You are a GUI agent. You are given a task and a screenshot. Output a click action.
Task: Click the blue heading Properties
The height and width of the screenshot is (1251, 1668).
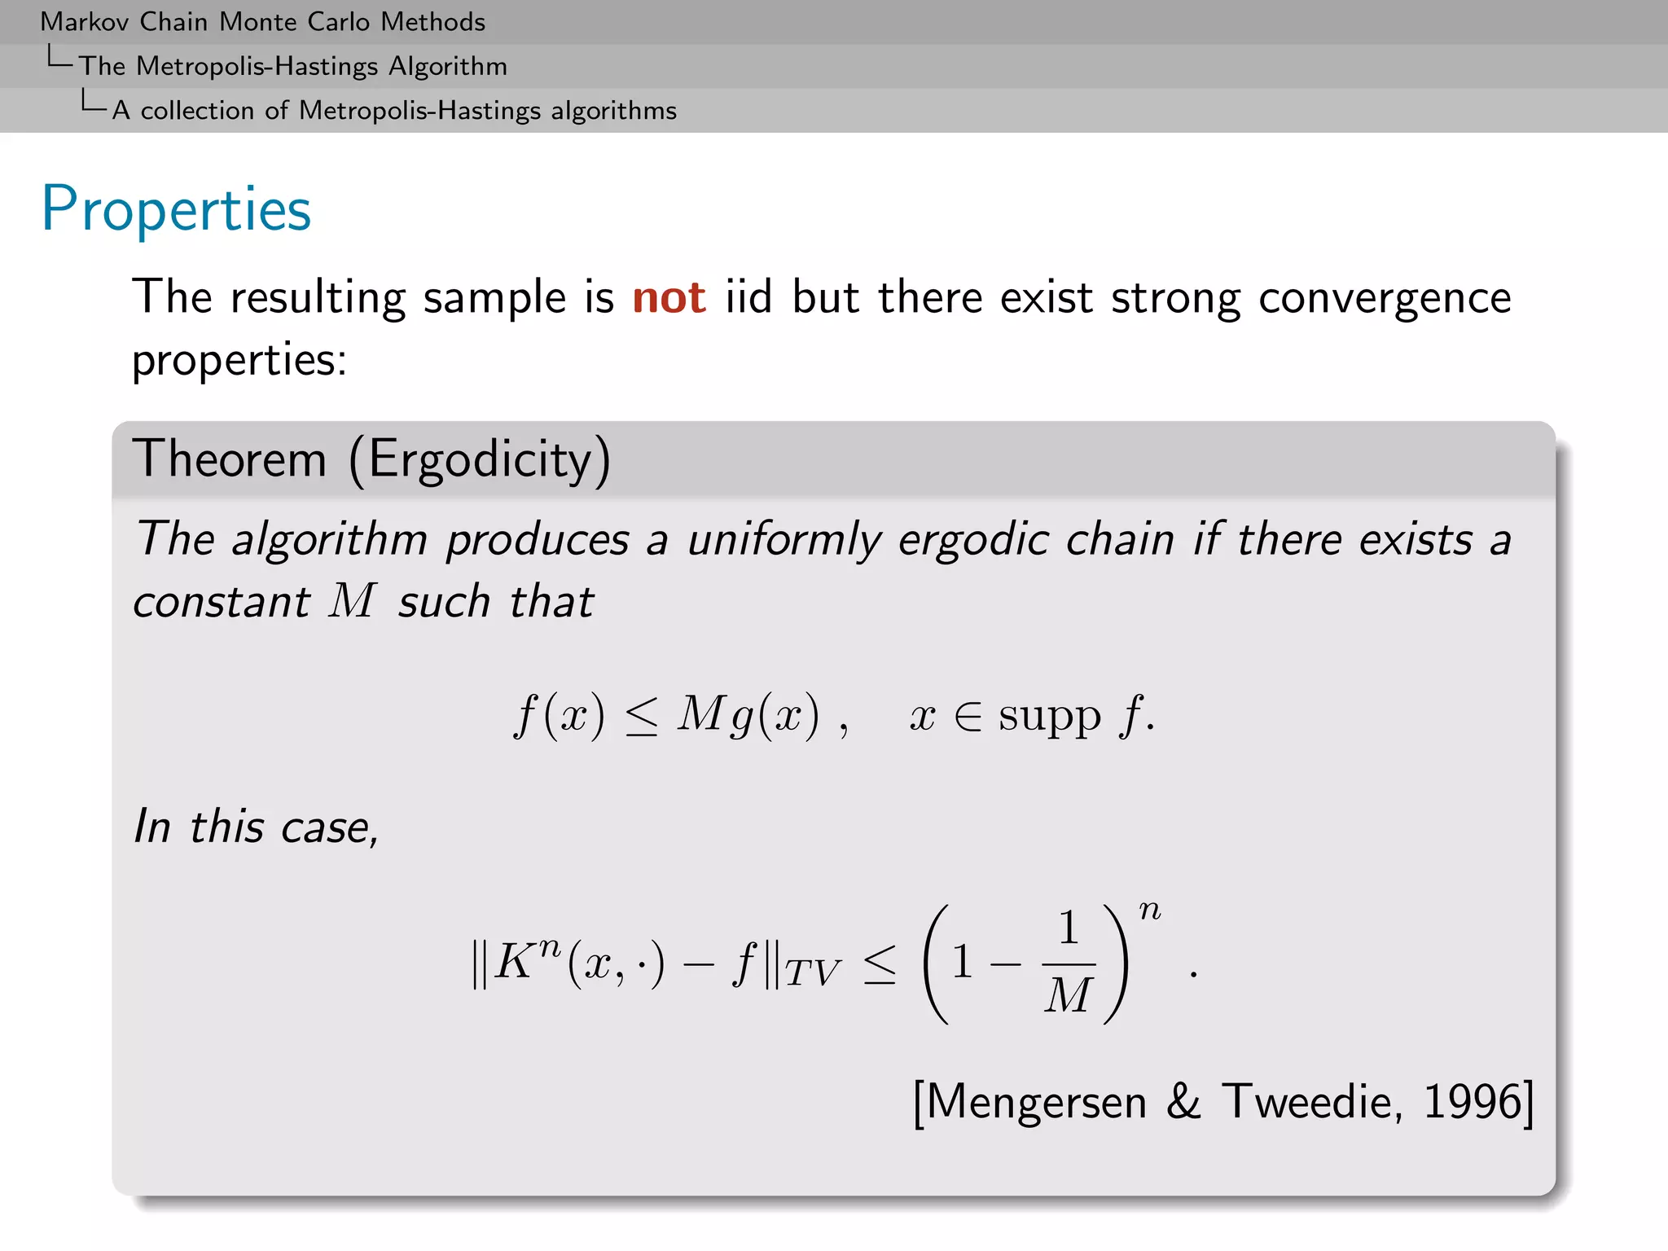click(176, 210)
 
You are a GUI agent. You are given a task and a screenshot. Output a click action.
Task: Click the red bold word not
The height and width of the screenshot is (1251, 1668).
click(669, 297)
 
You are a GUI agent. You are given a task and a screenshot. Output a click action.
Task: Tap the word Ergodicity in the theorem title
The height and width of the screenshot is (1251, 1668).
click(480, 459)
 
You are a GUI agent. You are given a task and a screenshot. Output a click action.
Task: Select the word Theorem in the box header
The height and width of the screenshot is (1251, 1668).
click(229, 459)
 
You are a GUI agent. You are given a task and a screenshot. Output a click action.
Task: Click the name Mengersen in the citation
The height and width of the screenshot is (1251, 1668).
click(1036, 1103)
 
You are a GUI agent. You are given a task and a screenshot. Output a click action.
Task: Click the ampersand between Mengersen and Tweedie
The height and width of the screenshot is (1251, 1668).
click(1183, 1102)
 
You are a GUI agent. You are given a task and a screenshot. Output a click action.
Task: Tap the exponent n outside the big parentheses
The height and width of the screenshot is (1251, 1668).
click(1150, 911)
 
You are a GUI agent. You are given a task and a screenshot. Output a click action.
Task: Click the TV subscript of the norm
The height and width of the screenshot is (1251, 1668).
click(813, 972)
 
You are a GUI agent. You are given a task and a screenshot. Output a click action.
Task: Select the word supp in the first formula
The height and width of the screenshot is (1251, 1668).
click(1050, 716)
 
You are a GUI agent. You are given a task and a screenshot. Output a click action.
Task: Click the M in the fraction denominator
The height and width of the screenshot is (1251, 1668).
click(1068, 995)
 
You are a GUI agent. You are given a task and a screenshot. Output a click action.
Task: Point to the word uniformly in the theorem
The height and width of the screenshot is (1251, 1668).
click(784, 540)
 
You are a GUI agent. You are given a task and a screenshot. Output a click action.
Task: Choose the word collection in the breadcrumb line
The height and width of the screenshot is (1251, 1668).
click(197, 110)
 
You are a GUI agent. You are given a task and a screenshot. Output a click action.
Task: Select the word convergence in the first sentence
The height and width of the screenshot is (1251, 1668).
click(1385, 297)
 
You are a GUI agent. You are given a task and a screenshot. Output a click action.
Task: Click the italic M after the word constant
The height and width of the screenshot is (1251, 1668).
click(352, 602)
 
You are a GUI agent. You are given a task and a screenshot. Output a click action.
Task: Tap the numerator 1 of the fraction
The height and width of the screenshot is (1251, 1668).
click(1069, 928)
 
